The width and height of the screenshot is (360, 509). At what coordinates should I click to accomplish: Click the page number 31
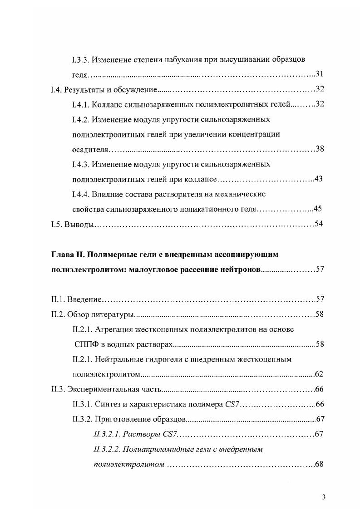click(319, 74)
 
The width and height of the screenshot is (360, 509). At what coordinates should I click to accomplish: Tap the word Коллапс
click(107, 105)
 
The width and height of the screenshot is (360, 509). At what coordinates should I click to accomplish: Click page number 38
click(319, 149)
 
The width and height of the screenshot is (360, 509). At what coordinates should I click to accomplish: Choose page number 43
click(318, 179)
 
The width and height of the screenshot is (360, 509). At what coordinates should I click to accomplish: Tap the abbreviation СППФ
click(86, 344)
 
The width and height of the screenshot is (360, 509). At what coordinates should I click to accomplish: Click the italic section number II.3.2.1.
click(106, 434)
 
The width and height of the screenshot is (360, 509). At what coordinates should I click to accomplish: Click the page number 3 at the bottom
click(324, 496)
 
